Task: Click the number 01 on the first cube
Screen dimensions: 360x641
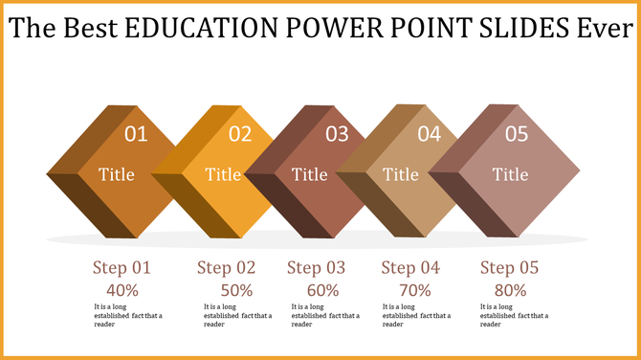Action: pos(137,134)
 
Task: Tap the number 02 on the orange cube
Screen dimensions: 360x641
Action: pos(239,134)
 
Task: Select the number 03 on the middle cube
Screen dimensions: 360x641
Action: pos(337,134)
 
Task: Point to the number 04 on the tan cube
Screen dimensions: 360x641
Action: pos(429,134)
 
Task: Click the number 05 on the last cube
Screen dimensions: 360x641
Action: pos(516,134)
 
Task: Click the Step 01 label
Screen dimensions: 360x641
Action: pos(122,268)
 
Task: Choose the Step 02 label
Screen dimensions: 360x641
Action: pos(227,268)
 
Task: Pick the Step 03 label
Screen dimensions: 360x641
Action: pos(318,268)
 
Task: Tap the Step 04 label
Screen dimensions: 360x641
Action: pos(410,268)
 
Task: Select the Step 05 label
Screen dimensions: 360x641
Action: pos(511,268)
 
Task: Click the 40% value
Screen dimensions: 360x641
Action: pos(122,289)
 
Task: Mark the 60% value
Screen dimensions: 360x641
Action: pos(322,289)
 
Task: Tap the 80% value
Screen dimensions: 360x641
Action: pos(510,289)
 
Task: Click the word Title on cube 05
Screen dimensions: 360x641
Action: pos(510,174)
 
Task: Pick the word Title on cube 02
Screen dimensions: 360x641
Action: pos(224,174)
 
